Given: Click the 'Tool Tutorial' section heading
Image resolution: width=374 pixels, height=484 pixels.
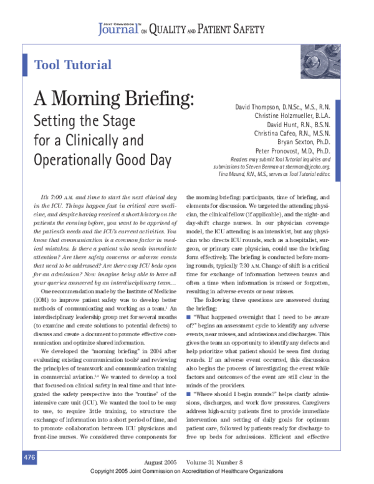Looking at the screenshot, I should point(73,65).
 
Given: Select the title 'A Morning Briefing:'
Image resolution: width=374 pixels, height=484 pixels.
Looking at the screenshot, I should point(113,98).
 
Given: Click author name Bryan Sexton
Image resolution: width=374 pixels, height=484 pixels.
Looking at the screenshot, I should point(302,142).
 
